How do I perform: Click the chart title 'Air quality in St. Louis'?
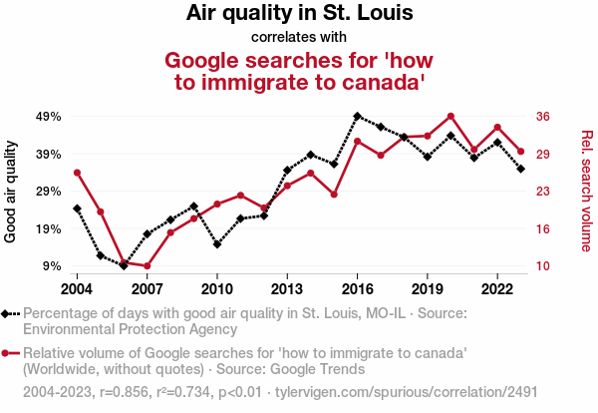coord(299,14)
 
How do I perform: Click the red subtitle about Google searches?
coord(299,70)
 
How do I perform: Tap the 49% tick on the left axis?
coord(48,117)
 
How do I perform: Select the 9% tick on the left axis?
coord(51,266)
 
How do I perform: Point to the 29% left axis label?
coord(48,192)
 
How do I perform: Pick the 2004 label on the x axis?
coord(77,288)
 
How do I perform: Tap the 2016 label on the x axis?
coord(357,288)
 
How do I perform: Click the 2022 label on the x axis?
coord(497,288)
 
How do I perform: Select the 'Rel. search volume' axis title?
coord(586,192)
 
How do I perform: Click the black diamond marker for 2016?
coord(357,116)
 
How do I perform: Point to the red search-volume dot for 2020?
coord(450,117)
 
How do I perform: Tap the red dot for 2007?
coord(147,266)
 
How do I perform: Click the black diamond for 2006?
coord(124,265)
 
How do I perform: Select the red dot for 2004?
coord(77,173)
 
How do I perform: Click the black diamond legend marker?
coord(8,314)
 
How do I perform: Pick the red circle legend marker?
coord(8,353)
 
